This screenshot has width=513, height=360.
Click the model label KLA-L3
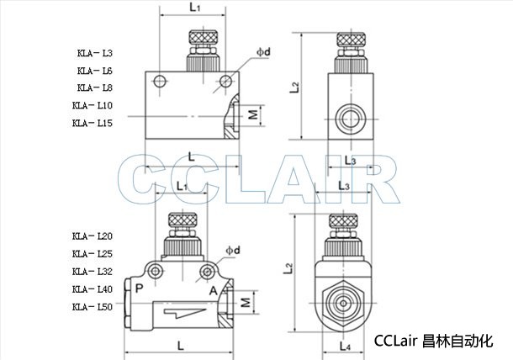[95, 53]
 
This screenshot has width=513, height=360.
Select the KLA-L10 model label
[93, 105]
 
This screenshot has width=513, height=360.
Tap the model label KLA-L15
[93, 123]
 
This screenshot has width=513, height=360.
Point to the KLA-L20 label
[93, 236]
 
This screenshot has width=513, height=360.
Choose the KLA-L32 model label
[93, 272]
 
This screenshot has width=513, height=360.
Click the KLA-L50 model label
[93, 307]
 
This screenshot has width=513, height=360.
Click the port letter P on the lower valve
[139, 289]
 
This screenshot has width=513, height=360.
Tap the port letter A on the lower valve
[214, 291]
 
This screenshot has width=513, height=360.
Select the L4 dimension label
[345, 347]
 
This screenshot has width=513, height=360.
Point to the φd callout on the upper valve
[263, 51]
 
